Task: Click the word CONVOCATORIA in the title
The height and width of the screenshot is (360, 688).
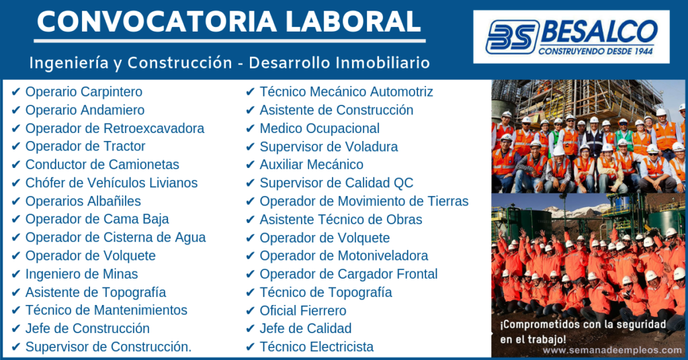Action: (x=157, y=21)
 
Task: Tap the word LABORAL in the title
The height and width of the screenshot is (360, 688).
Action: (x=353, y=21)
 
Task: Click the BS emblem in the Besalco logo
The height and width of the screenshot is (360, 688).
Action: (x=512, y=37)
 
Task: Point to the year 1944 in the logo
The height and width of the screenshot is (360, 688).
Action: (x=644, y=51)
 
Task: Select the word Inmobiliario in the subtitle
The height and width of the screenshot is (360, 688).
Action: (x=383, y=62)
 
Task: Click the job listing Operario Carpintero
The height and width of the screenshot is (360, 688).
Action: (x=84, y=91)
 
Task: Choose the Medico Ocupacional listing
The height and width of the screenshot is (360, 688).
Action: (x=319, y=128)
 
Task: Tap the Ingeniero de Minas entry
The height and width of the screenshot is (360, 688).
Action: (x=81, y=274)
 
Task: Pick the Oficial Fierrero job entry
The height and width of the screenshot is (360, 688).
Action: (x=303, y=310)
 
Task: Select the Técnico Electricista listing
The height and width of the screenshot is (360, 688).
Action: (x=316, y=347)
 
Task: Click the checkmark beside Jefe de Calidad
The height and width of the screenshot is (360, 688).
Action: (x=250, y=328)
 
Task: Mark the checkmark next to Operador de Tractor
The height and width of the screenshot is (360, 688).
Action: (x=16, y=146)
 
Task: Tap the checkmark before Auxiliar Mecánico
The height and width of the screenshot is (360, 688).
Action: (x=250, y=165)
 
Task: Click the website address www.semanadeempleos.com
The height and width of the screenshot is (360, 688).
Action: (x=612, y=351)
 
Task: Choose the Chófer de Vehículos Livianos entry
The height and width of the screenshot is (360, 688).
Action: (x=112, y=183)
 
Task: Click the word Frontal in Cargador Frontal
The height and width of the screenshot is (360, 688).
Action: (x=417, y=274)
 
